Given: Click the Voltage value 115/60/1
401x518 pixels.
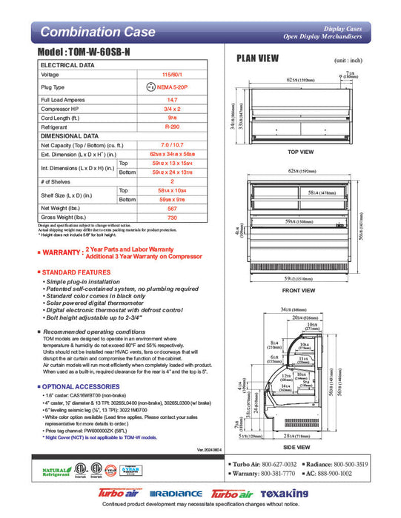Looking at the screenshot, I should click(173, 75).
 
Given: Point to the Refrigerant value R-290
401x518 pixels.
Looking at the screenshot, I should click(173, 127).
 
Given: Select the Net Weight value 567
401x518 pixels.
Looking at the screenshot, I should click(173, 209).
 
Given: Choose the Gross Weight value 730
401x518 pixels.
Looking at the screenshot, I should click(173, 218).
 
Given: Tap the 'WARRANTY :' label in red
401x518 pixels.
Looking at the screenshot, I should click(60, 253).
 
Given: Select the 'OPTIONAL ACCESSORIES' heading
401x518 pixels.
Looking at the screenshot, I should click(79, 386).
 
